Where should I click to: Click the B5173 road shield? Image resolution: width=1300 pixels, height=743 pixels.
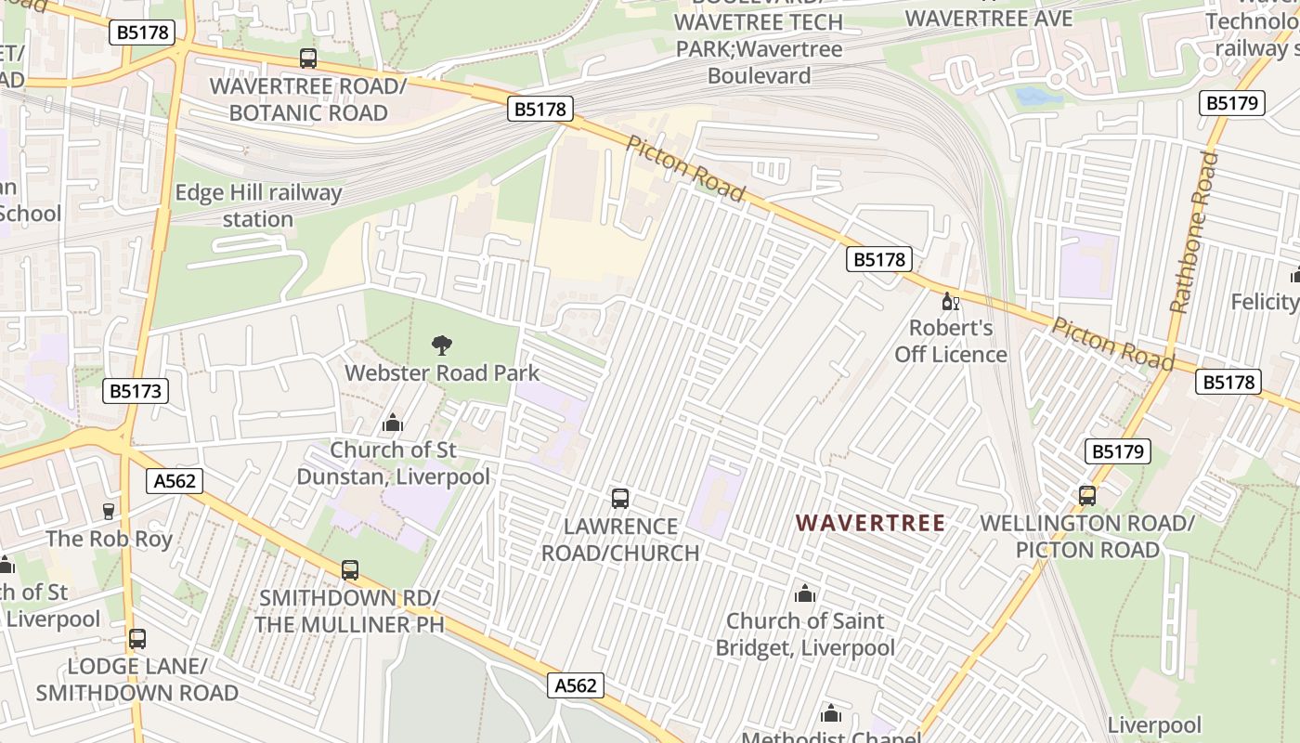(136, 391)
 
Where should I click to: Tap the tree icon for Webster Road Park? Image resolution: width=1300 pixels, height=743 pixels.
(442, 346)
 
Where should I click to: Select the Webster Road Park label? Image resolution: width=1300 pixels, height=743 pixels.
(442, 373)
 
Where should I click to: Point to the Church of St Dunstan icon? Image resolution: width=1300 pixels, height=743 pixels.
(393, 424)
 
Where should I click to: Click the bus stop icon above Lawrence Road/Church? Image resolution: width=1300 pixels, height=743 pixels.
(620, 499)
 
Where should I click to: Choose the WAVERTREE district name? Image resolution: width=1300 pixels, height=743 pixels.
(870, 523)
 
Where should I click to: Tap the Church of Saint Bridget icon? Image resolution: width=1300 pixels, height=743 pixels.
(805, 593)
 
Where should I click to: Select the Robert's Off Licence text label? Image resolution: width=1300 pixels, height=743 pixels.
(951, 341)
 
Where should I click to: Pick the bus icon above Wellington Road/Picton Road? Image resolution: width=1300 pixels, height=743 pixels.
(1087, 496)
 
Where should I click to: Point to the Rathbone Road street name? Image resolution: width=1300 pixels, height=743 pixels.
(1194, 232)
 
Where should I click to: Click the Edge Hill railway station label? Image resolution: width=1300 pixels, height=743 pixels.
(258, 206)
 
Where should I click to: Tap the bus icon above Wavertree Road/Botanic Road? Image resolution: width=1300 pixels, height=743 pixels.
(308, 59)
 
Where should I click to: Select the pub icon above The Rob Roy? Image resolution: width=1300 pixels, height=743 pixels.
(109, 512)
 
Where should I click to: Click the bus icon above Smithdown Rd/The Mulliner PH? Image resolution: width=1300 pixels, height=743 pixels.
(350, 570)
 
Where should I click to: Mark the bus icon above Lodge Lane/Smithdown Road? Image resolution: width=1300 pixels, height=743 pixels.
(137, 639)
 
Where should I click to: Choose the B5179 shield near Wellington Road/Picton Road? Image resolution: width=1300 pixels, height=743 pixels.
(1118, 452)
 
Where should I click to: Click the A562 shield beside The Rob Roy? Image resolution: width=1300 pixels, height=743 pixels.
(175, 480)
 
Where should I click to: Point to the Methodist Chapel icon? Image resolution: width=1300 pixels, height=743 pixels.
(831, 714)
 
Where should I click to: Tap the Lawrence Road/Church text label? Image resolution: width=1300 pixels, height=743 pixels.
(620, 540)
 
